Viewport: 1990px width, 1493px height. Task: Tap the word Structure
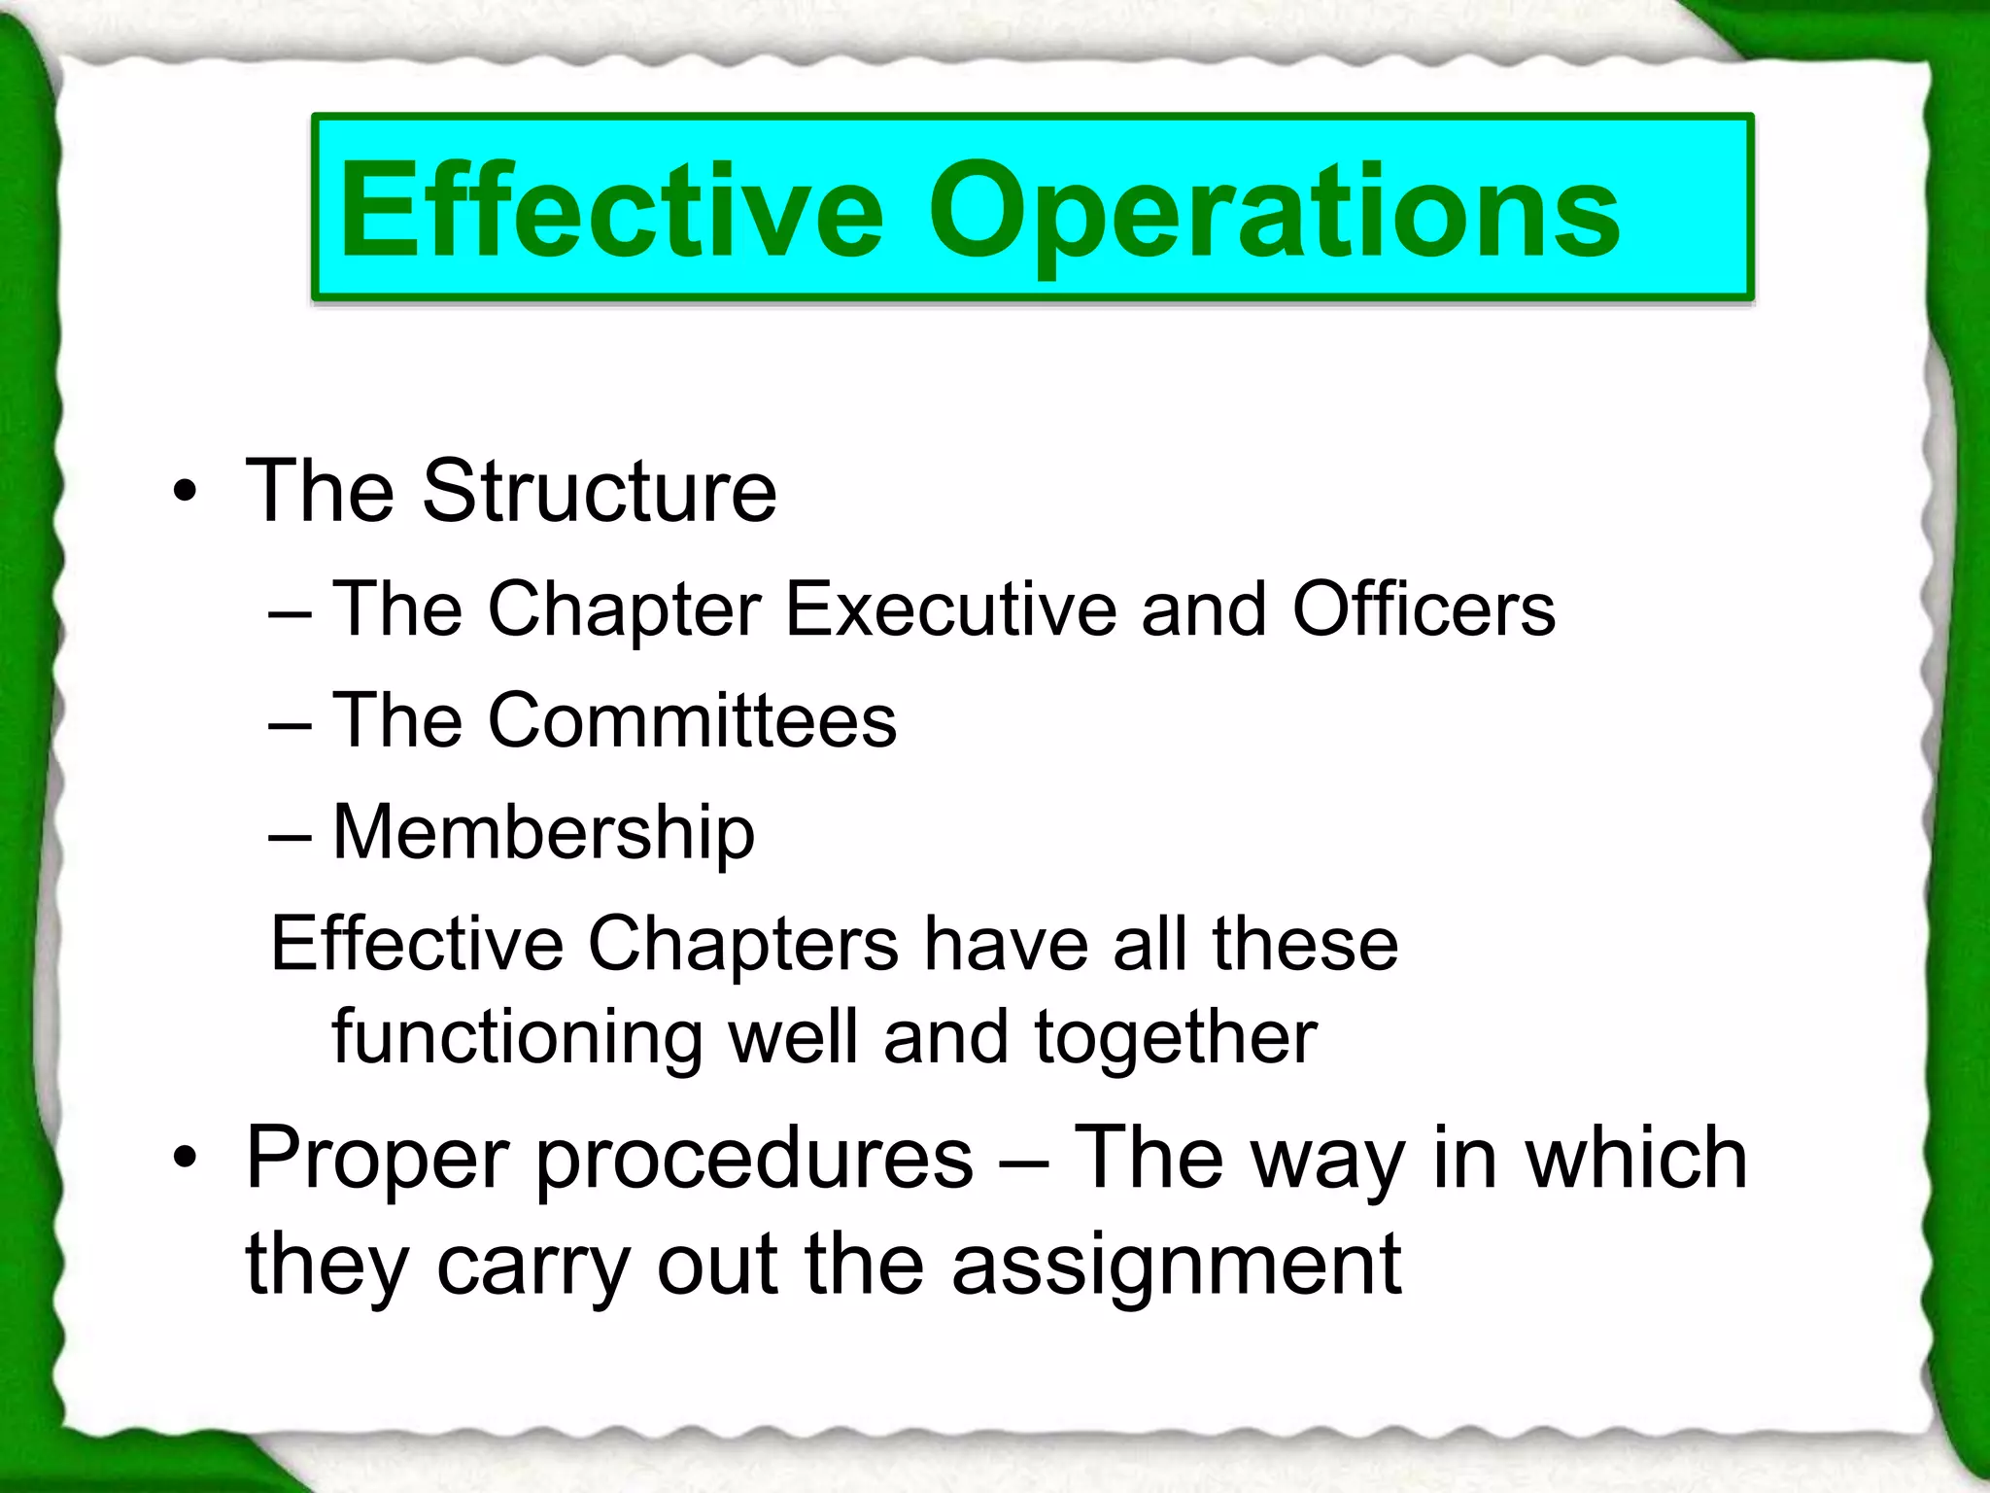(599, 492)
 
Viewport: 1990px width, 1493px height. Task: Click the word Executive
(951, 610)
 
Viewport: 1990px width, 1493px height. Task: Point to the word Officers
(1424, 610)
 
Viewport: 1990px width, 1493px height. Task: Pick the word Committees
(692, 721)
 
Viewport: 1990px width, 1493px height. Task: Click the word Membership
(543, 834)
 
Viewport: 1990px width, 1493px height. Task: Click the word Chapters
(743, 945)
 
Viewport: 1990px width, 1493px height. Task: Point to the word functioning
(517, 1038)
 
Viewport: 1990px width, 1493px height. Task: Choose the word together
(1176, 1038)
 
